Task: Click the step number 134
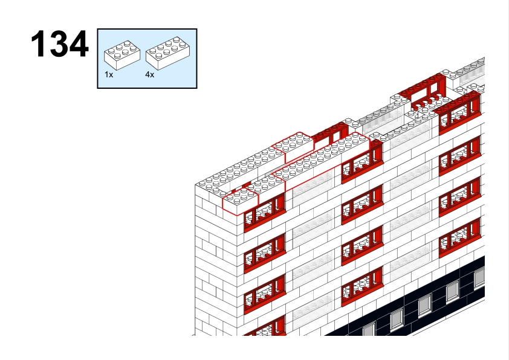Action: [x=60, y=43]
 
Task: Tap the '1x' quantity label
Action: [x=109, y=74]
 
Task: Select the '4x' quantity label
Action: [x=150, y=74]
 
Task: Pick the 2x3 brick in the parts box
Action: [x=122, y=55]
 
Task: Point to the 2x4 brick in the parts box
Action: [x=168, y=53]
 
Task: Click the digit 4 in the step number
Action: [x=79, y=43]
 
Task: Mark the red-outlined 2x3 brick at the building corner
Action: [x=241, y=201]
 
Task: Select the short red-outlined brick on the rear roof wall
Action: [x=293, y=147]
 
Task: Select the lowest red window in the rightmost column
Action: [x=459, y=238]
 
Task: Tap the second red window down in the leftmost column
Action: [x=265, y=253]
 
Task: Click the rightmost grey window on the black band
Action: [x=480, y=278]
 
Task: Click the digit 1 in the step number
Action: [x=38, y=43]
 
